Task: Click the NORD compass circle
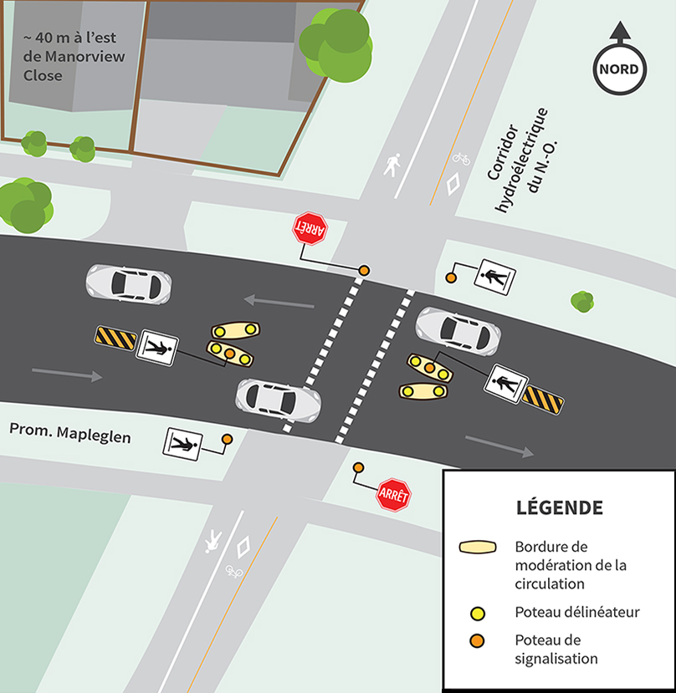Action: tap(620, 69)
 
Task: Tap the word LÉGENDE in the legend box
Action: tap(559, 507)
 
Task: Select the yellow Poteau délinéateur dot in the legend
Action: tap(478, 613)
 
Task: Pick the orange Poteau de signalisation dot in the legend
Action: tap(478, 641)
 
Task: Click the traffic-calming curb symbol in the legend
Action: tap(479, 548)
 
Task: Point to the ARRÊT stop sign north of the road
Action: tap(309, 228)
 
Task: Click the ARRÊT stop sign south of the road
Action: tap(393, 495)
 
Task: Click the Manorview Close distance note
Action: tap(55, 56)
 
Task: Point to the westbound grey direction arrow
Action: tap(279, 299)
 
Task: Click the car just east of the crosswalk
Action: tap(458, 329)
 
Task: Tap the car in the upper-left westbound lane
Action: tap(129, 283)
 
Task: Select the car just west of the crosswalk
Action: tap(279, 399)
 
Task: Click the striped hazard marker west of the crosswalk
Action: tap(115, 338)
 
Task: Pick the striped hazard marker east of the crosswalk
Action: tap(542, 400)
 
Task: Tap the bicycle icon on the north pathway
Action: tap(461, 157)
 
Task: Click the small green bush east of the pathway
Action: tap(582, 301)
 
